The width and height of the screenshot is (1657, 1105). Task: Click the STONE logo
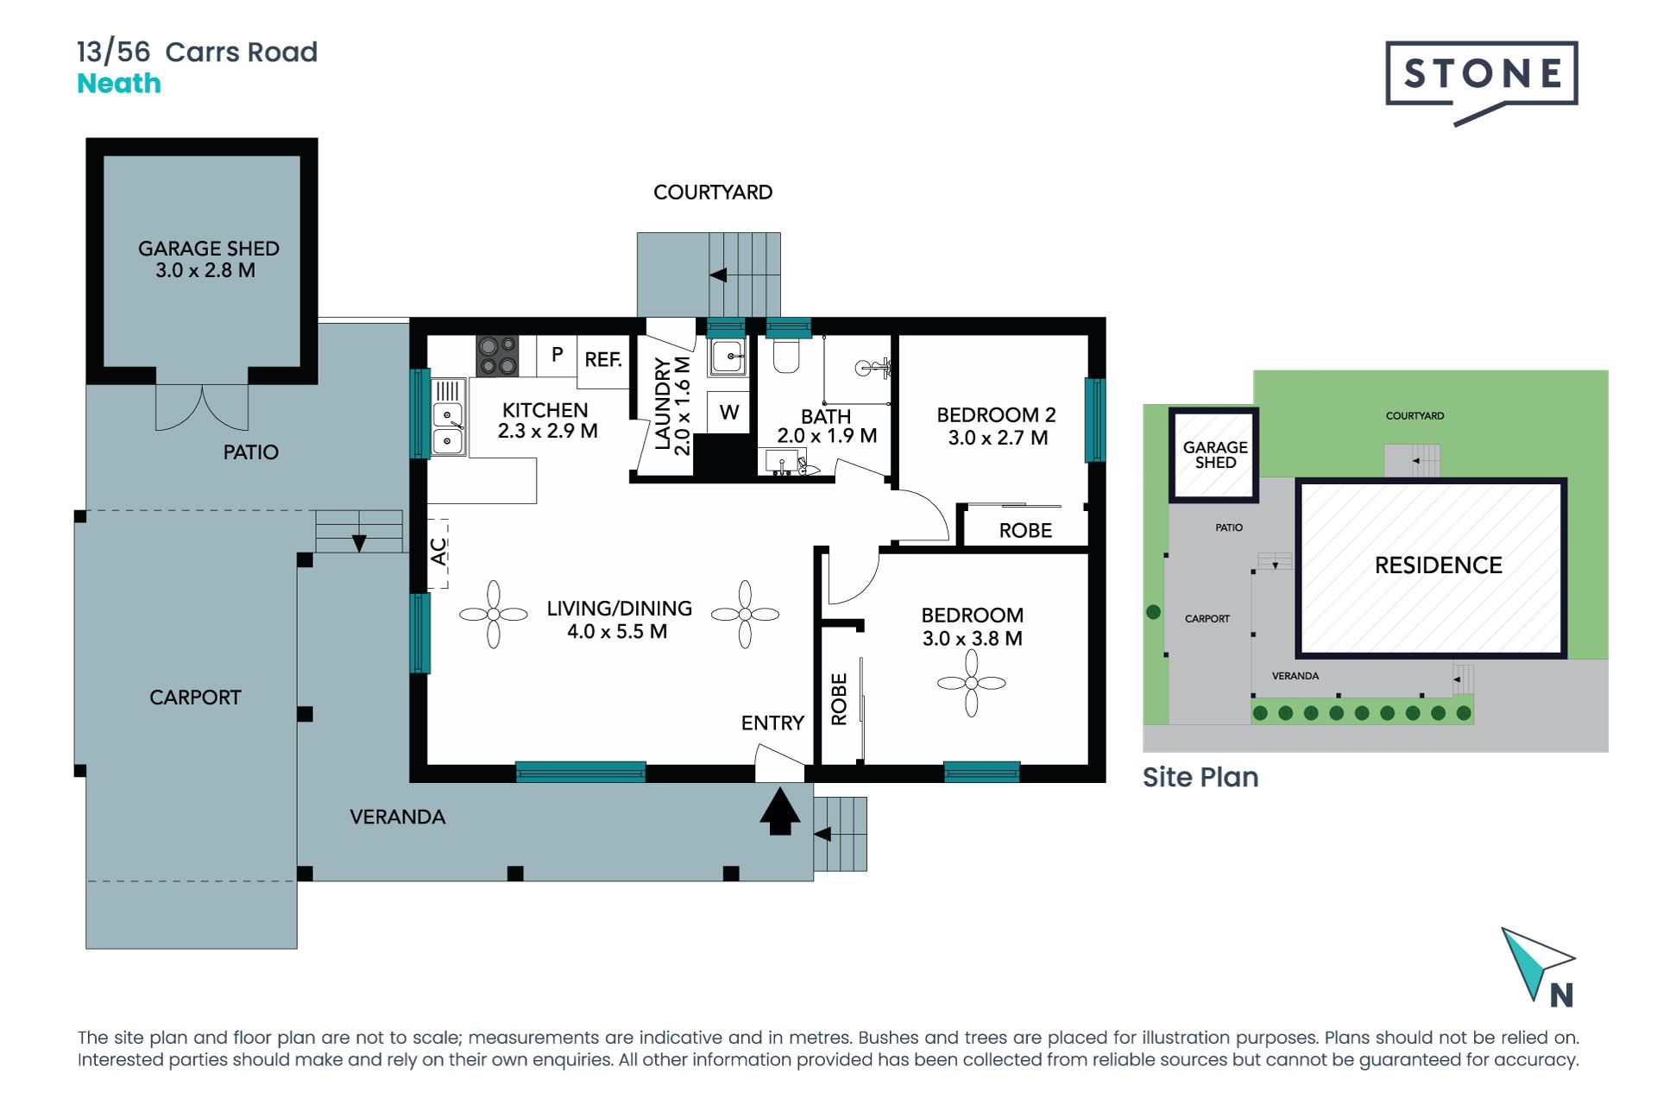click(x=1481, y=75)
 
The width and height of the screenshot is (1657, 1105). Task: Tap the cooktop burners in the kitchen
click(x=498, y=356)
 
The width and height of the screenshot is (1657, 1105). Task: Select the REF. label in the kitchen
click(x=602, y=360)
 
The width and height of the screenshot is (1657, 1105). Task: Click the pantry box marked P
click(x=557, y=355)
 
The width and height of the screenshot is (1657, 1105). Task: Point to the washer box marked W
click(x=729, y=413)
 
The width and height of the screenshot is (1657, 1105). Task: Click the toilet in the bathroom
click(x=785, y=355)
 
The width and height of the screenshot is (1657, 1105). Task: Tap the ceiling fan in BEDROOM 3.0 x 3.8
click(x=972, y=683)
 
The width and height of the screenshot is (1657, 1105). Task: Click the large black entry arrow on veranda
click(x=779, y=811)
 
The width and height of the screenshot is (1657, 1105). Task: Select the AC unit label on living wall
click(x=438, y=552)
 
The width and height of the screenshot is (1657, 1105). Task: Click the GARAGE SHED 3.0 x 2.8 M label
click(x=208, y=259)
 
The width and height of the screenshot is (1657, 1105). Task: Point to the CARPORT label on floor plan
click(x=195, y=698)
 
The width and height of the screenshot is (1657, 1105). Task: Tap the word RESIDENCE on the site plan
click(x=1438, y=565)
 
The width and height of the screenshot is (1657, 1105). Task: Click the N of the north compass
click(x=1560, y=995)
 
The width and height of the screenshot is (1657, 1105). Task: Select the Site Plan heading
click(x=1200, y=777)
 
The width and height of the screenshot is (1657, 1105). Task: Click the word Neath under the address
click(x=119, y=84)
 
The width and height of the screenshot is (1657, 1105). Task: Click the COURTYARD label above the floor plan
click(x=712, y=193)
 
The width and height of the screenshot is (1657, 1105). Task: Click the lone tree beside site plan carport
click(x=1153, y=612)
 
